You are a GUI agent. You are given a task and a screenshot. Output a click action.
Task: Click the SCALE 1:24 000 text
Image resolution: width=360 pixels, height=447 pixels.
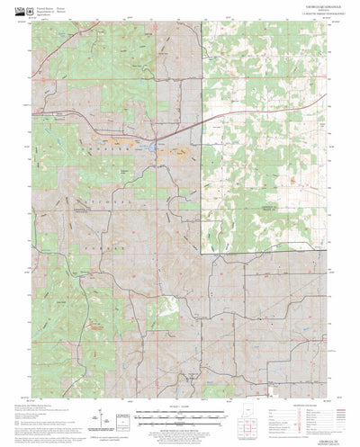tap(179, 381)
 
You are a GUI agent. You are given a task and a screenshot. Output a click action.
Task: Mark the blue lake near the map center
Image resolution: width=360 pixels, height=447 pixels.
tap(144, 144)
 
